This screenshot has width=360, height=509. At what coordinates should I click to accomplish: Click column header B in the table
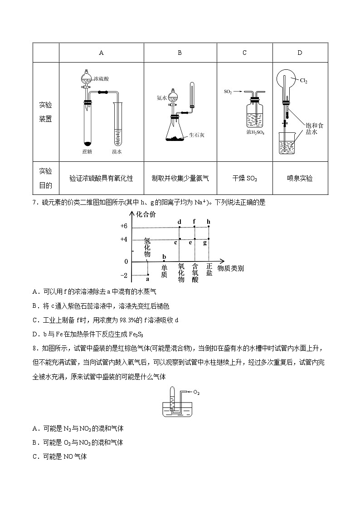pyautogui.click(x=180, y=53)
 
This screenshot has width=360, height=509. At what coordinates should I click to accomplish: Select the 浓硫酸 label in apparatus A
pyautogui.click(x=101, y=79)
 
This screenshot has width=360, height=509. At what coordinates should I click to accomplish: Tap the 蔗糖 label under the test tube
pyautogui.click(x=88, y=152)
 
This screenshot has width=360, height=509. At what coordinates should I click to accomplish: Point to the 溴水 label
pyautogui.click(x=117, y=152)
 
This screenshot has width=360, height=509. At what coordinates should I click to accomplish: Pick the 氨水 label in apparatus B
pyautogui.click(x=162, y=97)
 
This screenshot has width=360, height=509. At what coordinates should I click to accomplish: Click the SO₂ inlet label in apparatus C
pyautogui.click(x=228, y=92)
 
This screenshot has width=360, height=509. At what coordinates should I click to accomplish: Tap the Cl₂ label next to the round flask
pyautogui.click(x=303, y=81)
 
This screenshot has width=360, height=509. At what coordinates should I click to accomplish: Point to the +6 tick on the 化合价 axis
pyautogui.click(x=124, y=226)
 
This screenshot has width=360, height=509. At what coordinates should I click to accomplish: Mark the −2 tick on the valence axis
pyautogui.click(x=123, y=276)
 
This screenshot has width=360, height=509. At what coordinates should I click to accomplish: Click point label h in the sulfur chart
pyautogui.click(x=209, y=222)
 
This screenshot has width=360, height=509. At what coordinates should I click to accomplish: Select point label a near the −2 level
pyautogui.click(x=147, y=280)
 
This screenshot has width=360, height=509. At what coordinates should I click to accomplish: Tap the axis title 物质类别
pyautogui.click(x=230, y=268)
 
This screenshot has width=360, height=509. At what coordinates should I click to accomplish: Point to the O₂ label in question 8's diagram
pyautogui.click(x=196, y=392)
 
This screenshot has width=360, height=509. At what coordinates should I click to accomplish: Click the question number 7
pyautogui.click(x=34, y=203)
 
